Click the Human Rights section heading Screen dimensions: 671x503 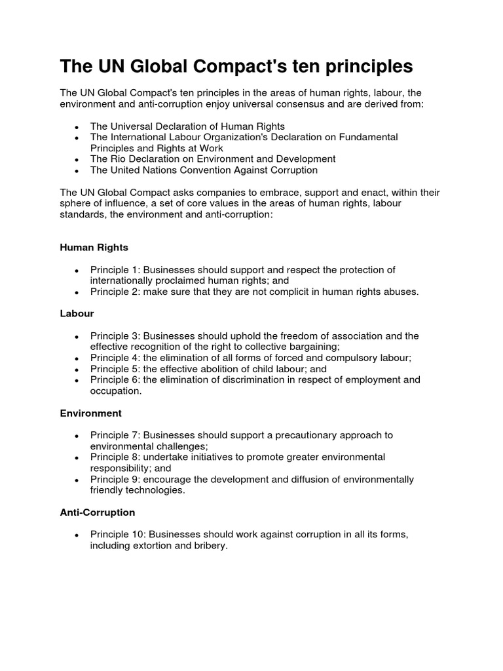tap(94, 248)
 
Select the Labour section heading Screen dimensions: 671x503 tap(77, 314)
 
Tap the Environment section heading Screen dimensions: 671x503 tap(91, 413)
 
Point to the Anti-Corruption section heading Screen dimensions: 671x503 tap(98, 512)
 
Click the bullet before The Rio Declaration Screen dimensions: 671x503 tap(77, 160)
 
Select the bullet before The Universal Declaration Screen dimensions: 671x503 tap(77, 127)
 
